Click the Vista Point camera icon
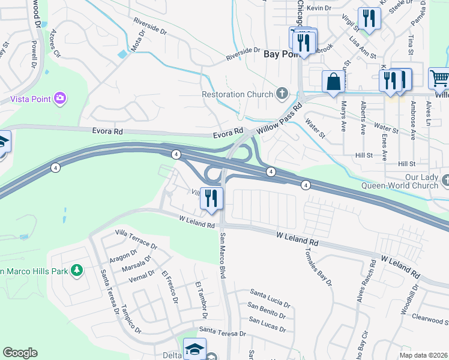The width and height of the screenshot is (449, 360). (59, 97)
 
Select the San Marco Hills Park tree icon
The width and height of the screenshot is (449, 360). (77, 271)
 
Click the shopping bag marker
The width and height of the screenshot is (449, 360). (332, 82)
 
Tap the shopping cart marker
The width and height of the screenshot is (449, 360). (439, 79)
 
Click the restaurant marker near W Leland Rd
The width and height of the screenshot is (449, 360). (211, 198)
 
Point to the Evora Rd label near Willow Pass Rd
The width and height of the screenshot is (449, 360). (228, 136)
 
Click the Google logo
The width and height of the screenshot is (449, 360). (20, 352)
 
